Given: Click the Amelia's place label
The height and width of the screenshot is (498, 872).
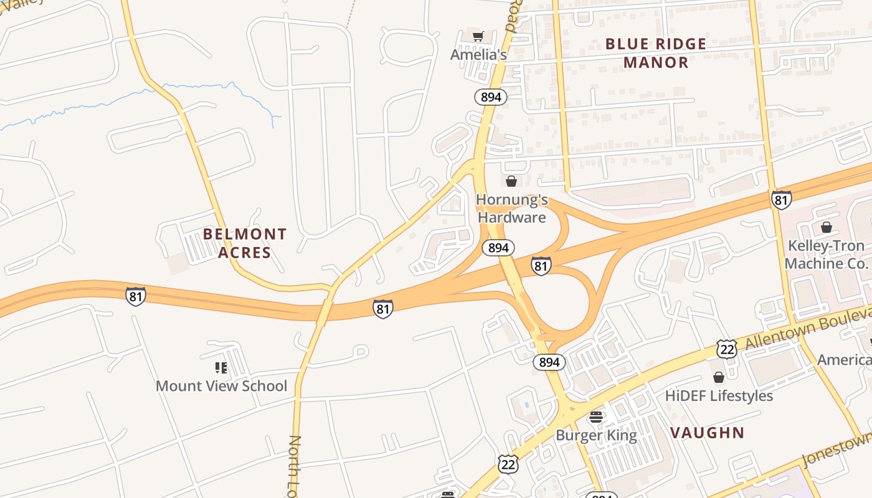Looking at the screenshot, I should tap(478, 55).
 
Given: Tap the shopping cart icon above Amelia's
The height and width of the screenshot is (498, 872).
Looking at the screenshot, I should tap(478, 37).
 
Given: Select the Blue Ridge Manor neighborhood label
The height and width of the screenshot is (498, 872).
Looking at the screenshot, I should tap(656, 53).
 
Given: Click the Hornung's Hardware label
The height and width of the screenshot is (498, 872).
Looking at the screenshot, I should tap(511, 209).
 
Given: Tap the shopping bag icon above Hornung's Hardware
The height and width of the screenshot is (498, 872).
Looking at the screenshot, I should tap(511, 181).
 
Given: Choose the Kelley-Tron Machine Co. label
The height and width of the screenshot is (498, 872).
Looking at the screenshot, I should tap(825, 255).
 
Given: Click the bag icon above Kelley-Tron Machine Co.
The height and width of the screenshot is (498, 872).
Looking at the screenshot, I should tap(827, 227).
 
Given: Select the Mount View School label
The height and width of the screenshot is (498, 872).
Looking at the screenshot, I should tap(221, 386).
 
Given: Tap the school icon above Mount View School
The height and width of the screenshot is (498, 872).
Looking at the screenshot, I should tap(221, 368).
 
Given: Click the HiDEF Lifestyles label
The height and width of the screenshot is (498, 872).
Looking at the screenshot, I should tap(719, 396).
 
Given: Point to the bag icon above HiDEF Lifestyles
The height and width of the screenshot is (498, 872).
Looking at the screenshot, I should tap(719, 377).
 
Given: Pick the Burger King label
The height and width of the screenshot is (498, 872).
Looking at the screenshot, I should tap(596, 435).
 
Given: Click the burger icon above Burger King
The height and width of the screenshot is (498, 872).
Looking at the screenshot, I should tap(596, 417).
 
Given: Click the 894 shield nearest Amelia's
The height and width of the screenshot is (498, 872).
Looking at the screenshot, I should tap(491, 97).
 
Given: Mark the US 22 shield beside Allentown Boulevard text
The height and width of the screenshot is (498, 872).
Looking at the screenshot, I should tap(726, 349).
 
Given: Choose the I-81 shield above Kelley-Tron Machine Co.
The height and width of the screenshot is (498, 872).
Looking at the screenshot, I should tap(781, 200).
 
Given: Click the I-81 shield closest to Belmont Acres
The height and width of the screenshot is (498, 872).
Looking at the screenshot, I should tap(136, 296).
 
